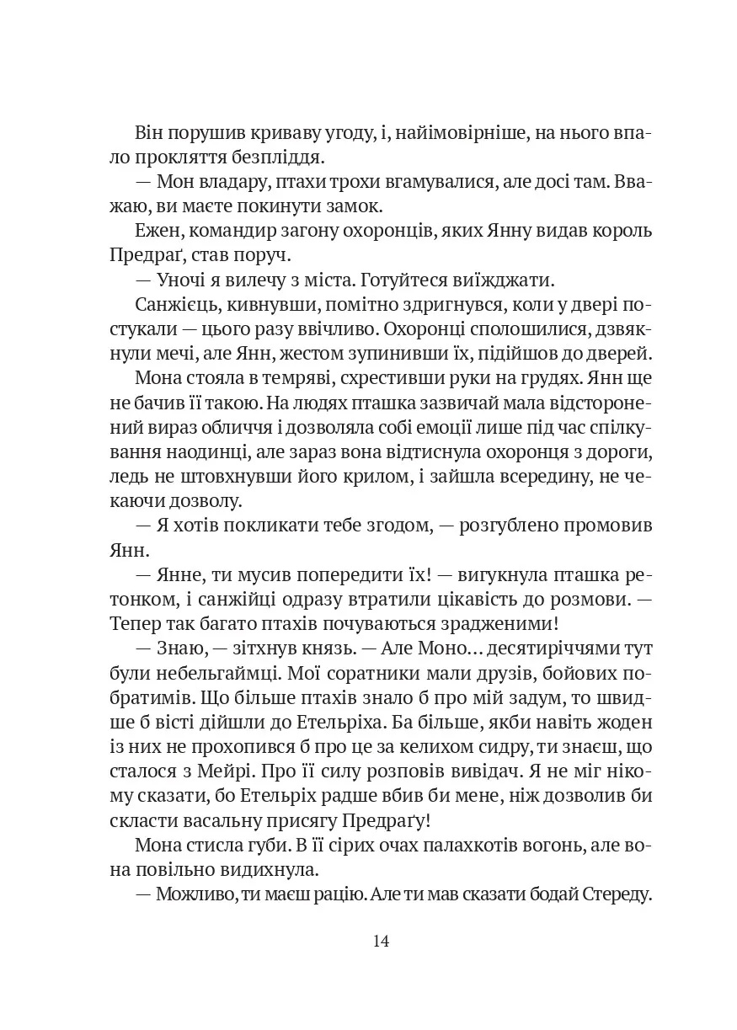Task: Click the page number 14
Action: pyautogui.click(x=381, y=941)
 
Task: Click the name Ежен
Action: pyautogui.click(x=156, y=230)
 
